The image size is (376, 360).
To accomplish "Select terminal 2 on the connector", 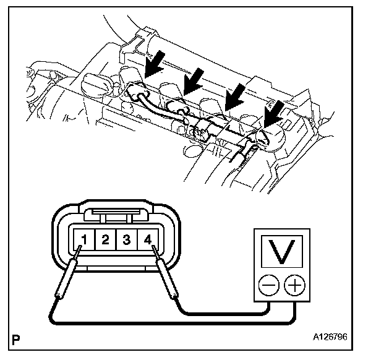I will [x=106, y=238].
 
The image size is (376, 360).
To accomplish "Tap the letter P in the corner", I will [x=15, y=339].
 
